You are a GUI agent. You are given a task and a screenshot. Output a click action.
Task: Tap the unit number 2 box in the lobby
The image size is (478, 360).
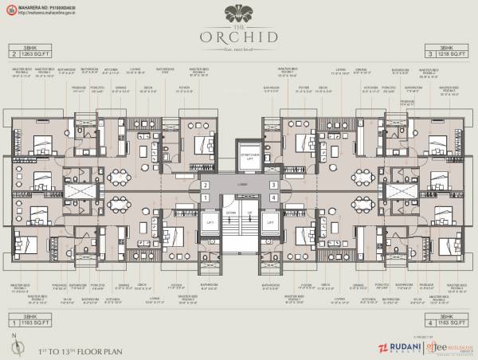coord(205,186)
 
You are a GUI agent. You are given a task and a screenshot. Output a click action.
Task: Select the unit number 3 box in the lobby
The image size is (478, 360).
coord(272,186)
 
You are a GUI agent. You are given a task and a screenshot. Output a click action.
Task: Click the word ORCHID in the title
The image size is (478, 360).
coord(239,36)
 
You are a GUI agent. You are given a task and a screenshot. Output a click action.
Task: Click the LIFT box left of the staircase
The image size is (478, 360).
coord(210,223)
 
